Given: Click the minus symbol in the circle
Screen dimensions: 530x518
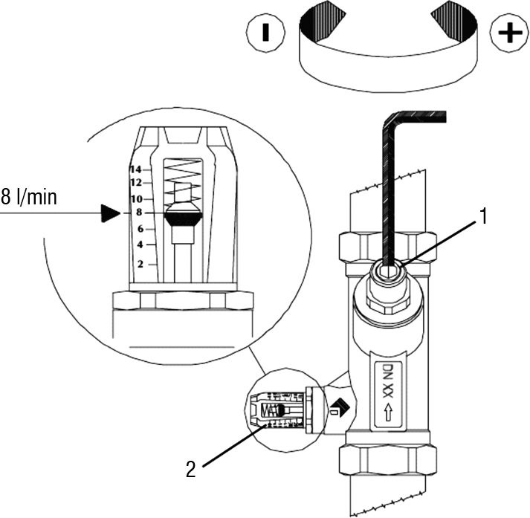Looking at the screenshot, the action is (266, 33).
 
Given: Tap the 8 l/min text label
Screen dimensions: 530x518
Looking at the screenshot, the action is (29, 198).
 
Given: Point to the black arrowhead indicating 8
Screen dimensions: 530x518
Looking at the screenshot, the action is (111, 213).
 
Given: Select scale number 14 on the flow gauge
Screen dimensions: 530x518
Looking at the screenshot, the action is (135, 169).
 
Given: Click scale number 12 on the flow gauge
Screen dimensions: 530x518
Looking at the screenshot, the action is (136, 183).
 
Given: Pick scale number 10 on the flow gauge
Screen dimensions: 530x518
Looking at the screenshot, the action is (137, 198).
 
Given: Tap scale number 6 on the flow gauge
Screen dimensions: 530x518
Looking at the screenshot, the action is (140, 229).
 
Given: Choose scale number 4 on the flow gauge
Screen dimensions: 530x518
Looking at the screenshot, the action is (140, 245).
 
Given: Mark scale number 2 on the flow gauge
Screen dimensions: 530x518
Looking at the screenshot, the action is (140, 264).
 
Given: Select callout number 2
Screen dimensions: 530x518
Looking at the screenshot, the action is (191, 469).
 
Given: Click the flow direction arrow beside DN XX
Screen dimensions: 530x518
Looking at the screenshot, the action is (388, 412).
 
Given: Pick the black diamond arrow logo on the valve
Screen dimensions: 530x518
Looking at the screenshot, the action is (340, 408).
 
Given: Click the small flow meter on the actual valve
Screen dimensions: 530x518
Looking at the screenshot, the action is (279, 410).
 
